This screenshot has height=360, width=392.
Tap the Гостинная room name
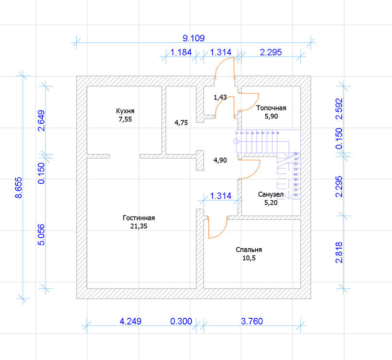[139, 217]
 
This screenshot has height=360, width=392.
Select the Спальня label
[249, 250]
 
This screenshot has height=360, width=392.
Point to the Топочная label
[271, 108]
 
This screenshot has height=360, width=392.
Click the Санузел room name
[271, 194]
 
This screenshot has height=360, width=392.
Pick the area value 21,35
[139, 226]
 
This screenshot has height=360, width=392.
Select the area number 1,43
[220, 97]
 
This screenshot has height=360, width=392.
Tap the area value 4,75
[181, 122]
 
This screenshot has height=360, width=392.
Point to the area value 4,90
[219, 160]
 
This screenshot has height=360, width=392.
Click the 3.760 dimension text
[251, 321]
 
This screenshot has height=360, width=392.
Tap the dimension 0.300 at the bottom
[181, 321]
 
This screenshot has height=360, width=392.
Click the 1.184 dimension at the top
[180, 52]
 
